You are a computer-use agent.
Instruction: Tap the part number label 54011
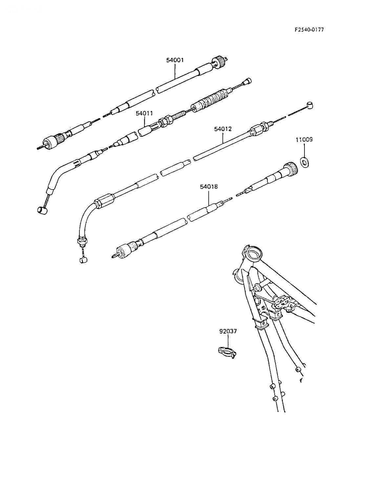[144, 113]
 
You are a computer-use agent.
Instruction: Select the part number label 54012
[223, 129]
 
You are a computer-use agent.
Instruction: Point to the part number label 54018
[209, 187]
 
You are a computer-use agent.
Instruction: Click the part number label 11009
[304, 140]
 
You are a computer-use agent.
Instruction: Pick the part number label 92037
[228, 331]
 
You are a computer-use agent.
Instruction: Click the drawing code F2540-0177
[309, 30]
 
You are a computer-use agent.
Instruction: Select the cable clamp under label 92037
[227, 352]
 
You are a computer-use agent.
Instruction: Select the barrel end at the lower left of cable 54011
[42, 211]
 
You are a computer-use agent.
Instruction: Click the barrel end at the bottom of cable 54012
[83, 260]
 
